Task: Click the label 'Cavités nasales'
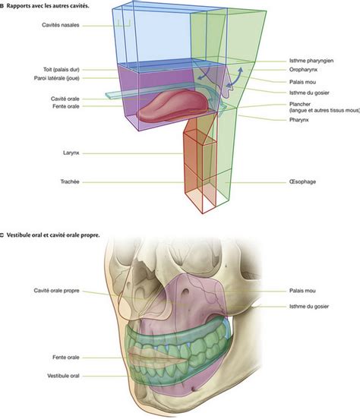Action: click(61, 25)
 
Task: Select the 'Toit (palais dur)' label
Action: click(62, 70)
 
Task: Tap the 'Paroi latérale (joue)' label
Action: click(57, 78)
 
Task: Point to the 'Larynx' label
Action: click(71, 153)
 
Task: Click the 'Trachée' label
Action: click(70, 181)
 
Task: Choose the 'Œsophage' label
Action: click(302, 181)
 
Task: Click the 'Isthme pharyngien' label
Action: click(311, 61)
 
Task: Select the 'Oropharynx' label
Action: click(303, 70)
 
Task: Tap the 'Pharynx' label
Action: click(299, 120)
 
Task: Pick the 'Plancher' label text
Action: click(300, 104)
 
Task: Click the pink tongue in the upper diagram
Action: click(172, 106)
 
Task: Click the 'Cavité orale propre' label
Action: click(56, 291)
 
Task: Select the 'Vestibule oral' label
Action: click(63, 376)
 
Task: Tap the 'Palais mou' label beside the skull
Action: click(302, 291)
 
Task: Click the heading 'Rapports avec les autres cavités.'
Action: click(48, 6)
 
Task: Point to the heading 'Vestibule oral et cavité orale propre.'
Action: click(53, 235)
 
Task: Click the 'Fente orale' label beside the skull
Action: click(66, 358)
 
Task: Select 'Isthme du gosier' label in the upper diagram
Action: click(309, 93)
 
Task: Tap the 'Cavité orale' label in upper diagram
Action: click(65, 99)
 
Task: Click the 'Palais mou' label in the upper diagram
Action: click(302, 82)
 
